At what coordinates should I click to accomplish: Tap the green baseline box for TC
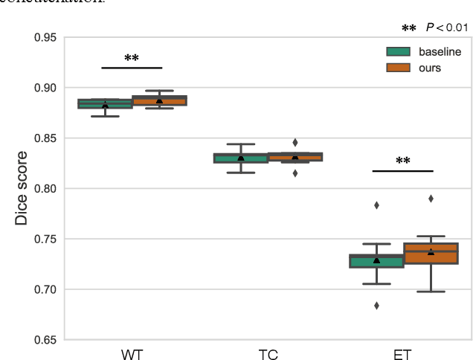coord(240,158)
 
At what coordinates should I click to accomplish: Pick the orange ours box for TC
coord(295,156)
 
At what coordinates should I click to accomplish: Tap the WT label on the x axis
coord(132,353)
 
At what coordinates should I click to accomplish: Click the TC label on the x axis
coord(268,353)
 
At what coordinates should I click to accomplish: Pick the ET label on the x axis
coord(403,353)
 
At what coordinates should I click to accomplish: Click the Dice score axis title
coord(22,188)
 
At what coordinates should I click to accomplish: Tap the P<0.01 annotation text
coord(446,28)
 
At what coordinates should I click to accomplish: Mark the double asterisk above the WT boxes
coord(132,58)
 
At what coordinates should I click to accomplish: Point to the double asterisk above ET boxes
coord(402,161)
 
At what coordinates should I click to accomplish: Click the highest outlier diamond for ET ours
coord(431,199)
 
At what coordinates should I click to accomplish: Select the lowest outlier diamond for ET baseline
coord(376,305)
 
